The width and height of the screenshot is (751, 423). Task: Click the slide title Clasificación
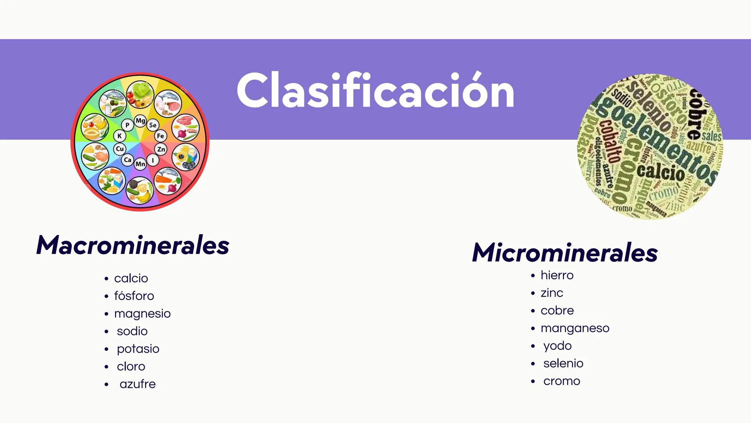coord(375,91)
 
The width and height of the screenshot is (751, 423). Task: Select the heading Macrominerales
coord(133,246)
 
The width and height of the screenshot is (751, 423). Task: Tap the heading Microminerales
coord(565,253)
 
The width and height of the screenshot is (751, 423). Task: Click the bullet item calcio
coord(131,278)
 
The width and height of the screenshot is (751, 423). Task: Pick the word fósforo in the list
coord(134,296)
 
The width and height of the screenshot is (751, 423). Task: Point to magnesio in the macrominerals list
coord(142,314)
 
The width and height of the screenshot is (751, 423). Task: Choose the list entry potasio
coord(138,349)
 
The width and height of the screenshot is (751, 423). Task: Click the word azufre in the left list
coord(138,384)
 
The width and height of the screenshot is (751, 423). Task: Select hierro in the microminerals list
coord(557,275)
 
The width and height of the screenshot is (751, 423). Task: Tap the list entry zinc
coord(552,293)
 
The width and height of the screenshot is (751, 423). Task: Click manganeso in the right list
coord(575,328)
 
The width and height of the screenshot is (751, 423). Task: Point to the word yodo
coord(557,346)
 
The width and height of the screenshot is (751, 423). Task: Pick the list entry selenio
coord(563,363)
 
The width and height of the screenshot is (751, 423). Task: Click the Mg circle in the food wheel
coord(140,121)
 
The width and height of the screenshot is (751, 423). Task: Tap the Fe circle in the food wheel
coord(160,136)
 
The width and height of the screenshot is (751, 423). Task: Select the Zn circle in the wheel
coord(161,149)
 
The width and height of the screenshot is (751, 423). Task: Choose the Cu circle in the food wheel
coord(120,149)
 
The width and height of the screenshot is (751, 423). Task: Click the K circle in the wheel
coord(120,136)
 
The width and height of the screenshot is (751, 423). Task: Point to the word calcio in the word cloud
coord(660,172)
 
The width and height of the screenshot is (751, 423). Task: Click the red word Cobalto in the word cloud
coord(609,142)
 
